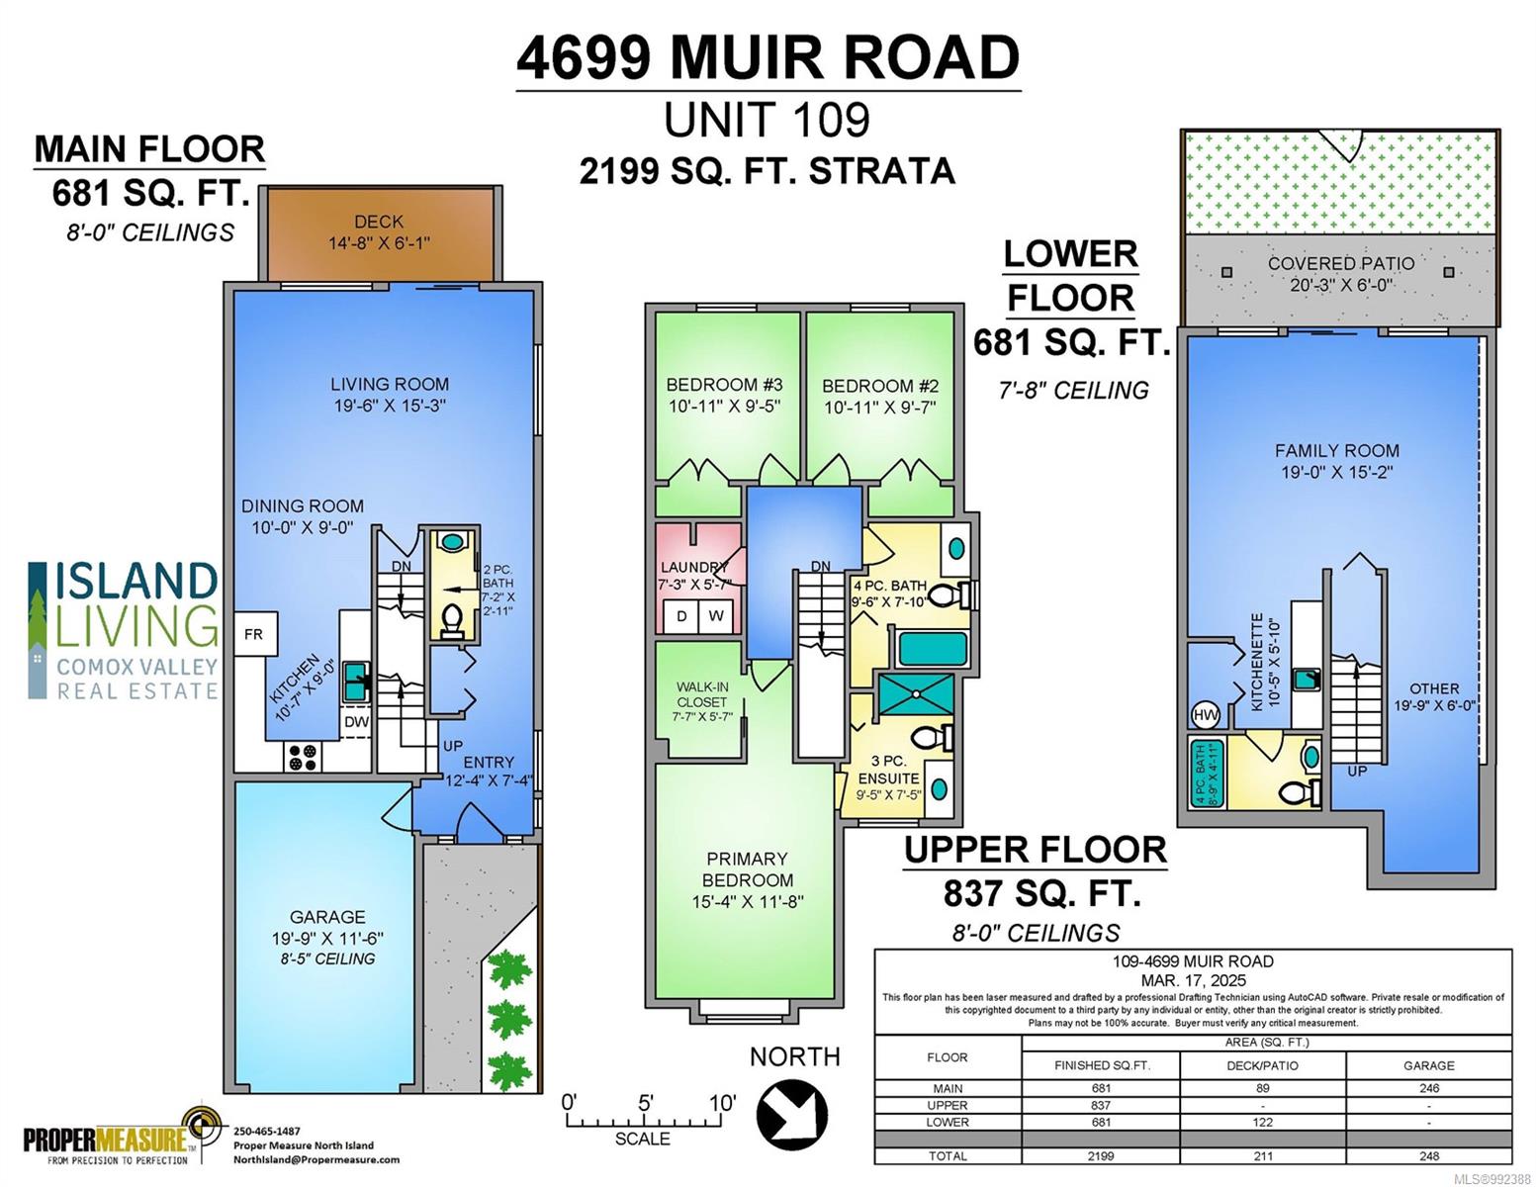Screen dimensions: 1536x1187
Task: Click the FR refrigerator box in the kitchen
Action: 255,633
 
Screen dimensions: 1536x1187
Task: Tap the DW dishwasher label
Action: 356,722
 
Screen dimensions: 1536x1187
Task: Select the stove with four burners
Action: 303,756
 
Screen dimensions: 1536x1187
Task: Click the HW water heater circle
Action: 1206,715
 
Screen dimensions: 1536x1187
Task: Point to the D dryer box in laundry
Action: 681,616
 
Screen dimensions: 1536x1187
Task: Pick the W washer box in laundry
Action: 716,616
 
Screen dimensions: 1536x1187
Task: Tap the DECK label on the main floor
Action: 379,222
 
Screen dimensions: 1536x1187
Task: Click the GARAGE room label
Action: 327,917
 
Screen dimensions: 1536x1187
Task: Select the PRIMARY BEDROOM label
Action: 747,869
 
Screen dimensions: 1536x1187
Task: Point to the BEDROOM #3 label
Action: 725,385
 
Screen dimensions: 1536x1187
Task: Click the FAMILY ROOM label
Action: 1336,451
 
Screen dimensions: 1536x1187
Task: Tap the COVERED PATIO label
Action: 1341,264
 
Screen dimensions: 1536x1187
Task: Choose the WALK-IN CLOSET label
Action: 701,694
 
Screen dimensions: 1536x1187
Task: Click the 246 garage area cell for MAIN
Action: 1428,1089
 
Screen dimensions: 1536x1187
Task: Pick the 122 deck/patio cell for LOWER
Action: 1262,1122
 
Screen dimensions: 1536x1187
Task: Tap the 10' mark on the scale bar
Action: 722,1103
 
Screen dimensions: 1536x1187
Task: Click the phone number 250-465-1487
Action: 267,1132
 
